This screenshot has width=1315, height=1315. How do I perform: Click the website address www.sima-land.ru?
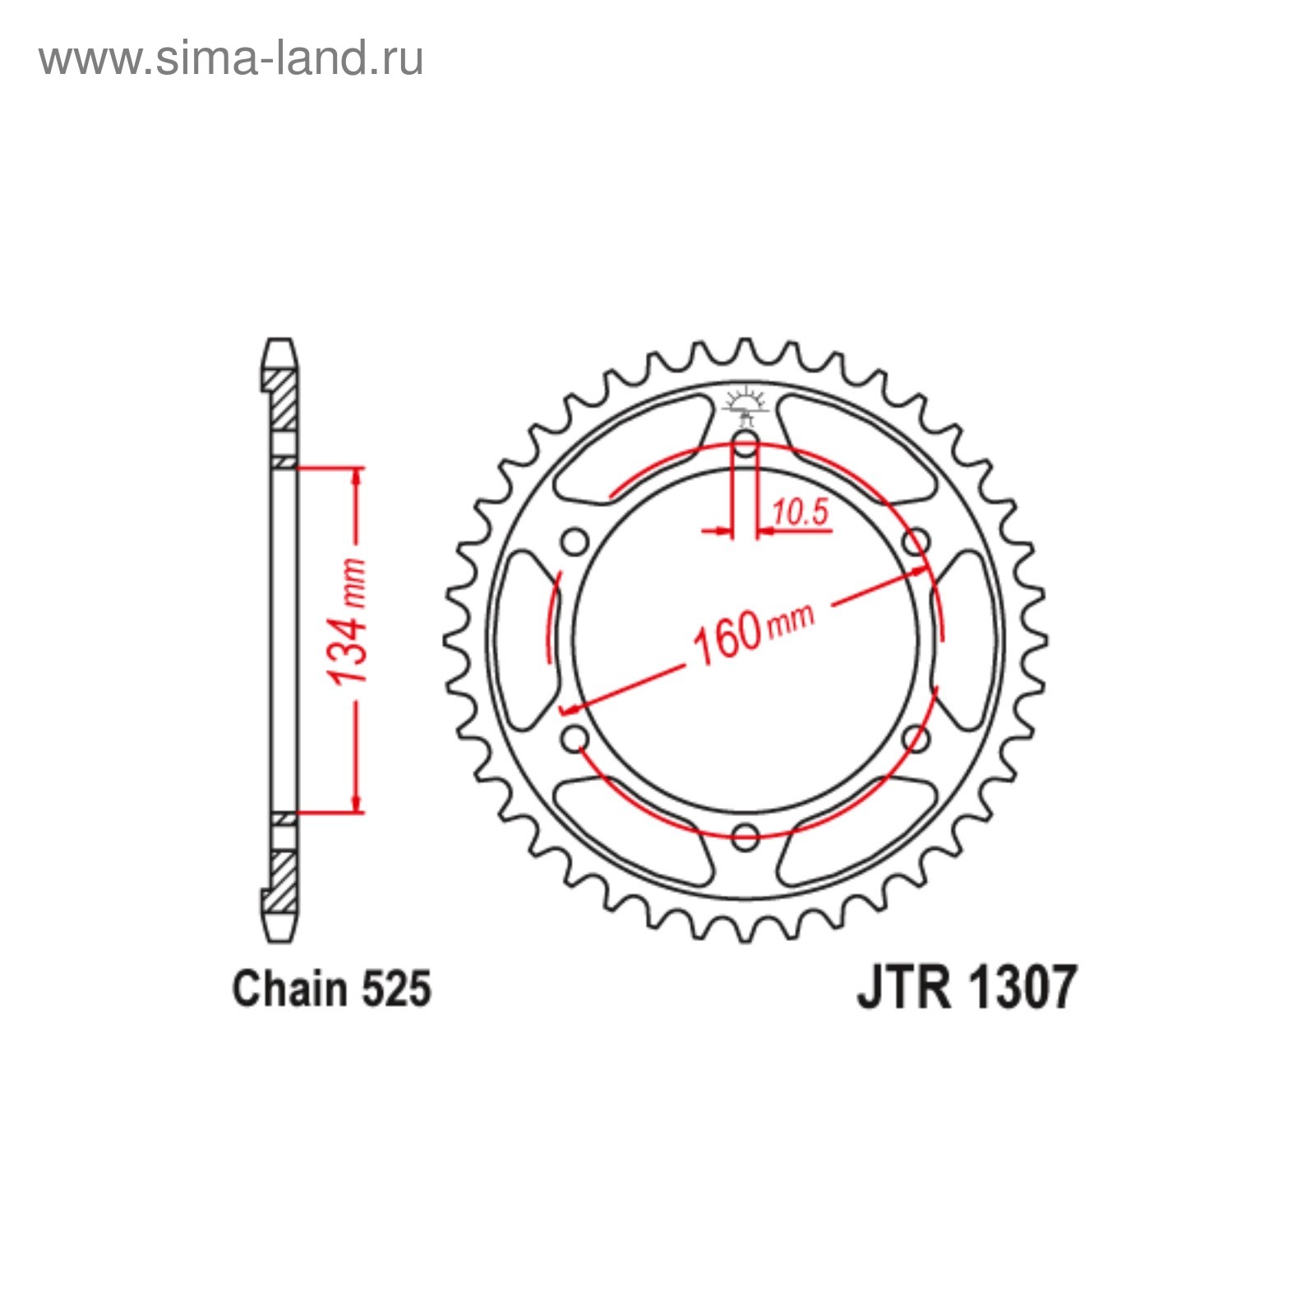tap(231, 59)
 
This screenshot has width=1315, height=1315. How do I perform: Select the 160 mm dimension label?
tap(752, 632)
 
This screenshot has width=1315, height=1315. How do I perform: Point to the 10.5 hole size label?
tap(801, 512)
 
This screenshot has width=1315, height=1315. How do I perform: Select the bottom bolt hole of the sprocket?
tap(745, 837)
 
